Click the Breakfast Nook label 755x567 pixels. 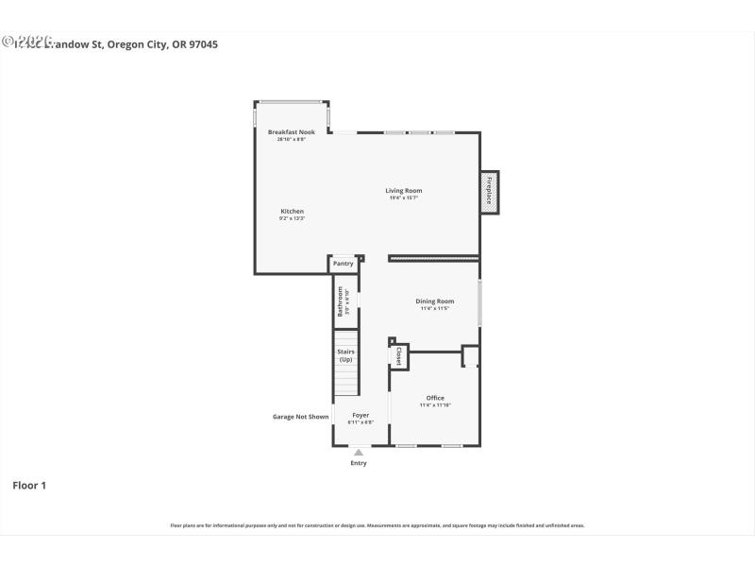(x=291, y=131)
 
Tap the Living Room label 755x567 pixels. (x=403, y=191)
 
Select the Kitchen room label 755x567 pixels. (x=292, y=211)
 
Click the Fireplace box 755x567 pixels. (x=490, y=193)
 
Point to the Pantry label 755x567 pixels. (x=343, y=264)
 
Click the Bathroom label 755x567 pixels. (x=341, y=301)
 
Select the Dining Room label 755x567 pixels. (x=435, y=301)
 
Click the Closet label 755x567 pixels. (x=398, y=356)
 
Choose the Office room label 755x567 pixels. (x=435, y=398)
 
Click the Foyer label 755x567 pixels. (x=361, y=415)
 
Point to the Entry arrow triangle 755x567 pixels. (x=359, y=453)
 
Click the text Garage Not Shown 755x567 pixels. (x=301, y=416)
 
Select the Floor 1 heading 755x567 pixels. (x=29, y=485)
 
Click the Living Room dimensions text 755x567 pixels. (x=403, y=198)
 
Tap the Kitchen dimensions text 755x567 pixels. (x=292, y=218)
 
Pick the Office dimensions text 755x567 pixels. (x=435, y=405)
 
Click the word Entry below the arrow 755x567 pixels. (x=359, y=463)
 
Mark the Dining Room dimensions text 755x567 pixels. (x=435, y=309)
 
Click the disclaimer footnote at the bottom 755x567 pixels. (x=377, y=524)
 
